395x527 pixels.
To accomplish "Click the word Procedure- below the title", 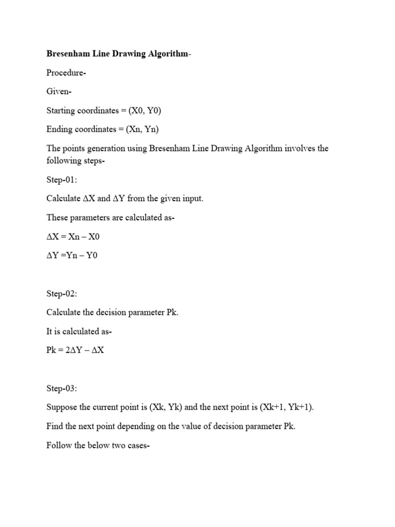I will click(x=66, y=73).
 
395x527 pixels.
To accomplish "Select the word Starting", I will click(x=61, y=111).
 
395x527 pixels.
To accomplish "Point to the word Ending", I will click(x=59, y=129).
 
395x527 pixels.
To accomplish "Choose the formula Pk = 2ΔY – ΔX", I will click(x=75, y=350).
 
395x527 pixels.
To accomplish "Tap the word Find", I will click(x=55, y=426).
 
